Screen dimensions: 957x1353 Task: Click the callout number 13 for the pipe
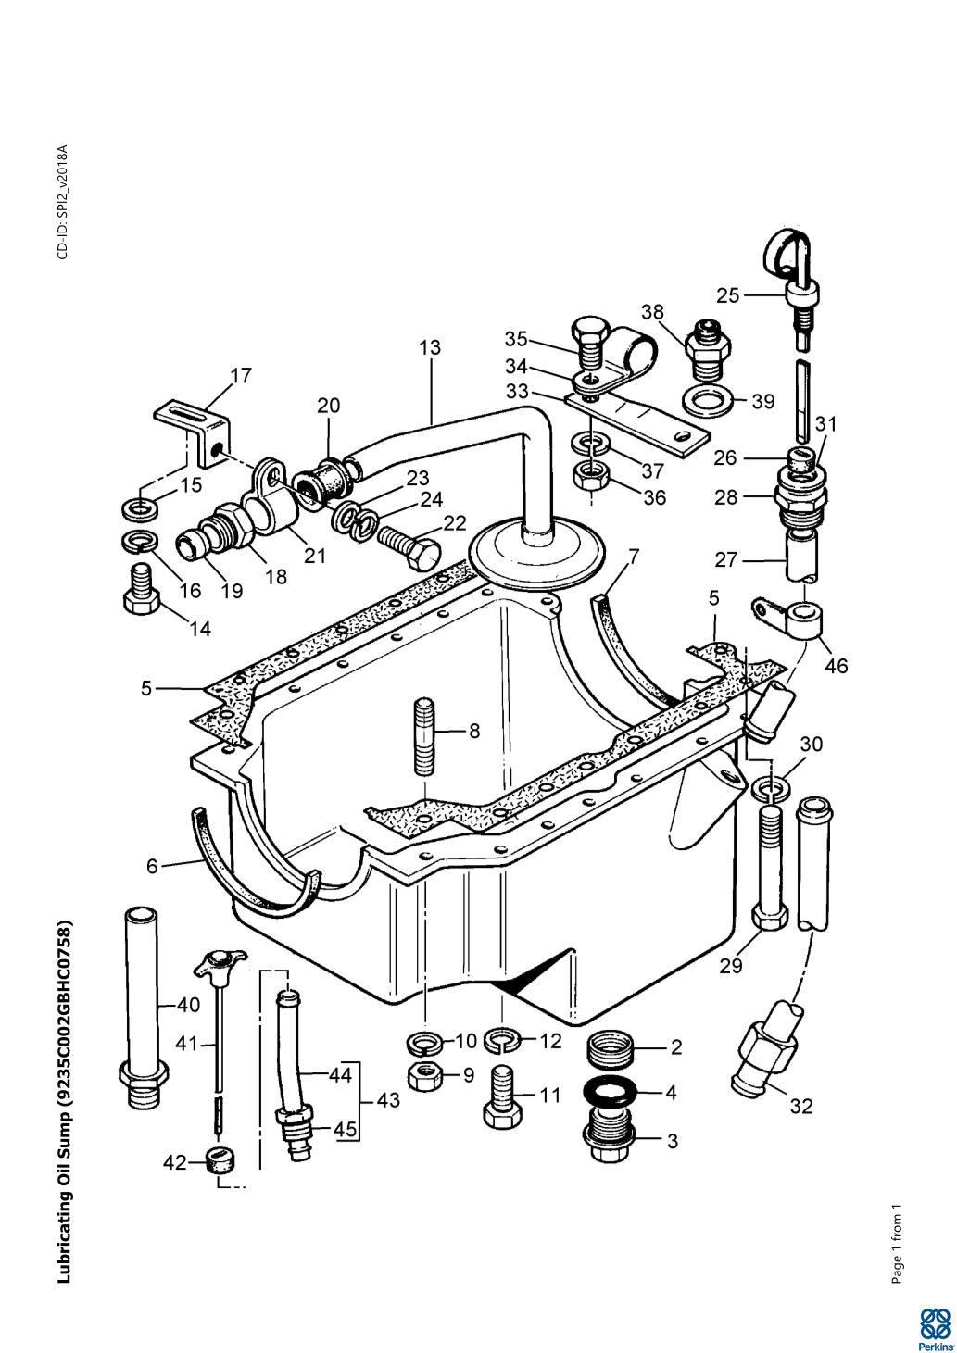pos(430,347)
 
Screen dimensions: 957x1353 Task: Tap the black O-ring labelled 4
pos(609,1092)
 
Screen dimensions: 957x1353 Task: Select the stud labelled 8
pos(424,737)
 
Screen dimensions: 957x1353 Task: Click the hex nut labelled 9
pos(426,1076)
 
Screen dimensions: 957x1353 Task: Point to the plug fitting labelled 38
pos(708,350)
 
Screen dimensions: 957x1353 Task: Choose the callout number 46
pos(837,666)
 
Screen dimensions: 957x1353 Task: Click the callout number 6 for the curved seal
pos(152,867)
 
